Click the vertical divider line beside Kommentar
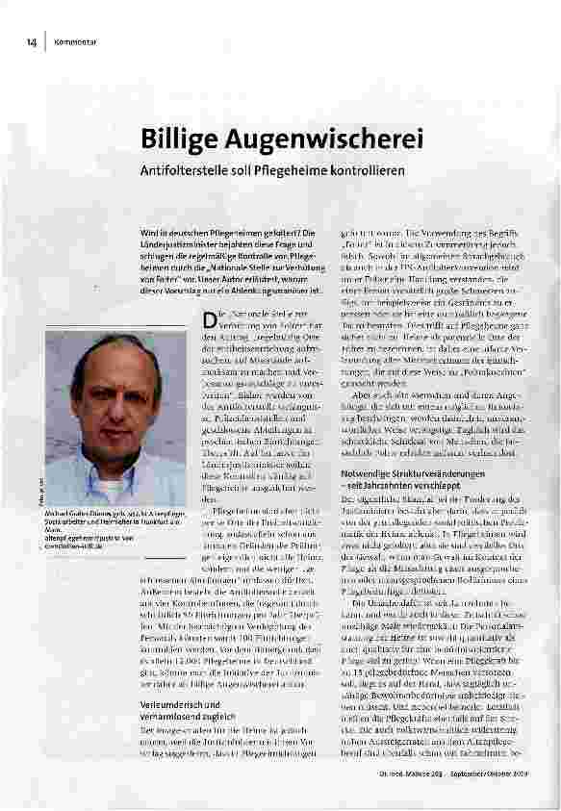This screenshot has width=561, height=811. (45, 42)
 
